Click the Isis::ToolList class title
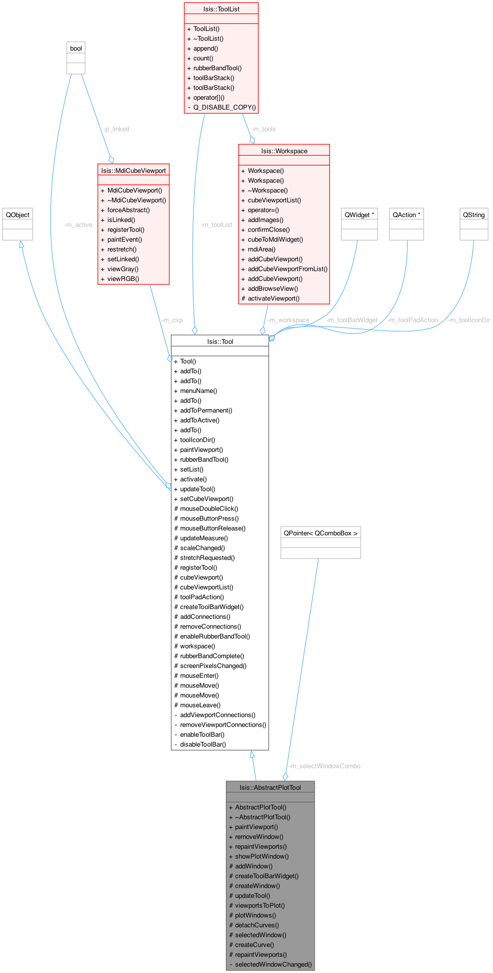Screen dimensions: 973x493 click(x=221, y=9)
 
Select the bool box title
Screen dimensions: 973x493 click(x=76, y=48)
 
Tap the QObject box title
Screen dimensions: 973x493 click(x=18, y=215)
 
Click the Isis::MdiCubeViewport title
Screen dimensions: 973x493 click(x=134, y=170)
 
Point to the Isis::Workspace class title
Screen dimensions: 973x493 click(x=284, y=151)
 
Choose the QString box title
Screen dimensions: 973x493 click(x=474, y=215)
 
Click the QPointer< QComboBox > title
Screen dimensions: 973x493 click(x=321, y=533)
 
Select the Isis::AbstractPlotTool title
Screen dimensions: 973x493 click(x=270, y=787)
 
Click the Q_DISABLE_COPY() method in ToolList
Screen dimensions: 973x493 click(x=224, y=107)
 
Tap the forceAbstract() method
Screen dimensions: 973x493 click(x=129, y=210)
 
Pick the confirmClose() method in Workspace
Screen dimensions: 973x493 click(x=269, y=229)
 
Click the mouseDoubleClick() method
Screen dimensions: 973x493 click(x=209, y=508)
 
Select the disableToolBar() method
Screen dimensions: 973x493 click(x=203, y=744)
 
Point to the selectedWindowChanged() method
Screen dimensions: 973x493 click(x=273, y=964)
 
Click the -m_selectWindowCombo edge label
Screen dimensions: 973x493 click(x=325, y=766)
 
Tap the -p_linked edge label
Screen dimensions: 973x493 click(x=116, y=129)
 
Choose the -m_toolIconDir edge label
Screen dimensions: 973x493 click(x=469, y=320)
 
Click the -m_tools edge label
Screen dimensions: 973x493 click(x=263, y=129)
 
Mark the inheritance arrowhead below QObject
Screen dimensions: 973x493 click(x=21, y=245)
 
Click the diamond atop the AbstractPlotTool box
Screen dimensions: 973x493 click(x=285, y=777)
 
